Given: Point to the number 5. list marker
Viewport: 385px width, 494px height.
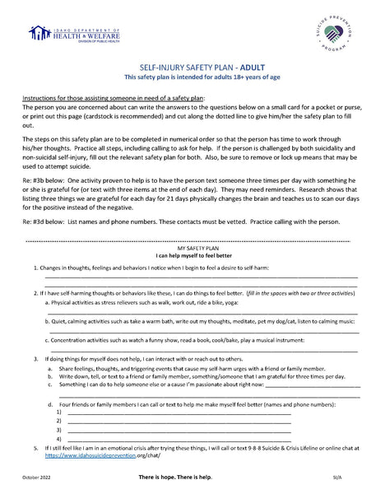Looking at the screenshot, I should tap(35, 448).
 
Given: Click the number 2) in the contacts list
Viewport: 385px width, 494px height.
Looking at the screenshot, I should tap(58, 422).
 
